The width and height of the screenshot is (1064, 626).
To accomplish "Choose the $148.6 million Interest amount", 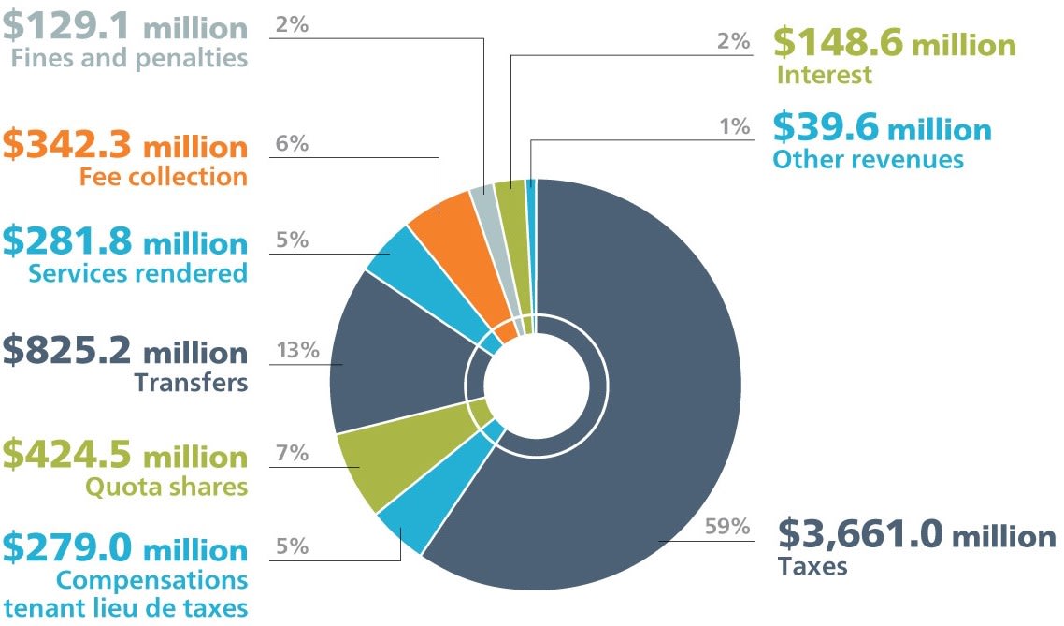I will click(x=894, y=44).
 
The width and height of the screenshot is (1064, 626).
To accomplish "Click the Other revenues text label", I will click(x=868, y=159).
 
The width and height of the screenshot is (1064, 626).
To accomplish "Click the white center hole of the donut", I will click(x=536, y=383).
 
